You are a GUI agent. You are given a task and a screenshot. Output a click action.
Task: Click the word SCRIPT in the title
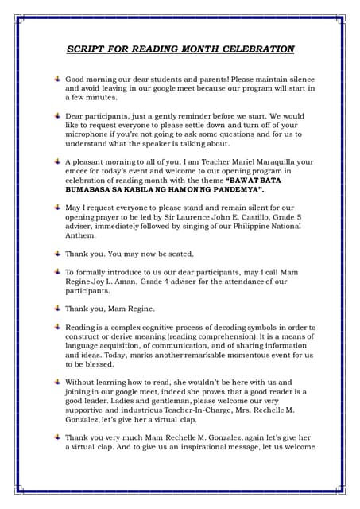point(87,49)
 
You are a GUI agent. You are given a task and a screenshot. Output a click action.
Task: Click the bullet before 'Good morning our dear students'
point(57,80)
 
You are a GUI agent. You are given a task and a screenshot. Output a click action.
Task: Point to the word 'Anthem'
point(82,236)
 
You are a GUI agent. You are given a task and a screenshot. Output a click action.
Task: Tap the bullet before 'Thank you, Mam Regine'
point(57,309)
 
